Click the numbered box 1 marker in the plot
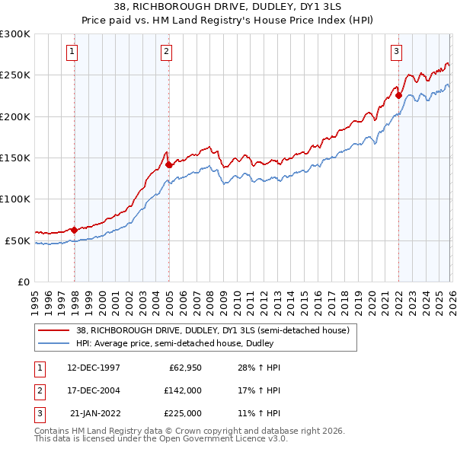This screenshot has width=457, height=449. tap(72, 52)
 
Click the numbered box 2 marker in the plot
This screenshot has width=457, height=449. tap(166, 52)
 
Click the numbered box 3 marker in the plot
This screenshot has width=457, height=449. tap(397, 52)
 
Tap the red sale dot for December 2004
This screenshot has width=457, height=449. tap(169, 164)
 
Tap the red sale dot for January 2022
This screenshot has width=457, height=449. tap(398, 96)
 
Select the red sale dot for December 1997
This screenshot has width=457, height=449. tap(75, 229)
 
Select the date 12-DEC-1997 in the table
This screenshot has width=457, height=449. tap(94, 368)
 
